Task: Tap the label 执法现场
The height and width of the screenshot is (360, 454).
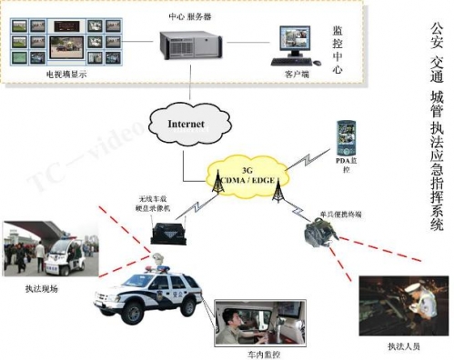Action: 42,288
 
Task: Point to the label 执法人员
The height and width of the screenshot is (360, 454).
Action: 397,349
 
